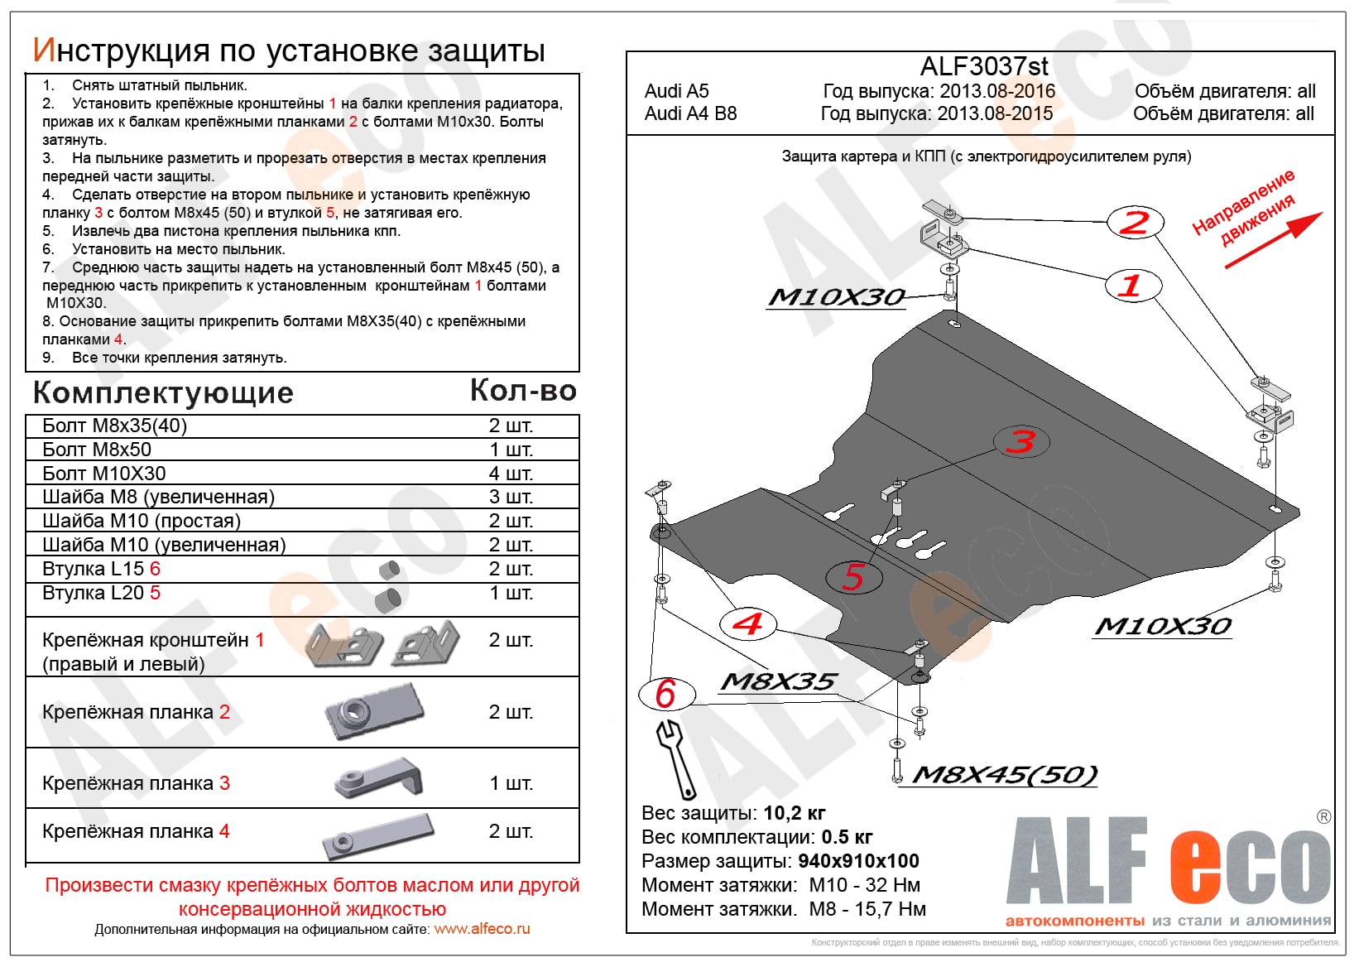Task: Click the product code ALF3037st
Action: click(984, 66)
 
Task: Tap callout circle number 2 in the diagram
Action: click(1136, 222)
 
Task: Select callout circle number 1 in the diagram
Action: click(1133, 286)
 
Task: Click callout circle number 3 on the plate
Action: click(1021, 441)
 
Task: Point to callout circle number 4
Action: click(747, 623)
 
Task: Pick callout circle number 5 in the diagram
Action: click(854, 576)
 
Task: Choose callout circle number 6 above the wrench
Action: click(666, 694)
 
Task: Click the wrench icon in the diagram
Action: click(677, 757)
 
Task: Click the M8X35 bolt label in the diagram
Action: click(779, 682)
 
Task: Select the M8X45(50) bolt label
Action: click(1005, 775)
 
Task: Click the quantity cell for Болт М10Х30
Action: click(511, 474)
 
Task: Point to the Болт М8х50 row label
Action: click(97, 450)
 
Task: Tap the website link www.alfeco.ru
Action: click(482, 929)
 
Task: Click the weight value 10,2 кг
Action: click(794, 813)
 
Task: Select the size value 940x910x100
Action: click(858, 861)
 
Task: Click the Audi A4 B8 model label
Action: click(690, 113)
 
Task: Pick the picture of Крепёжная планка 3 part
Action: click(380, 779)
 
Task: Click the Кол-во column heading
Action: click(523, 391)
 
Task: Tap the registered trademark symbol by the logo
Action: click(1323, 817)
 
